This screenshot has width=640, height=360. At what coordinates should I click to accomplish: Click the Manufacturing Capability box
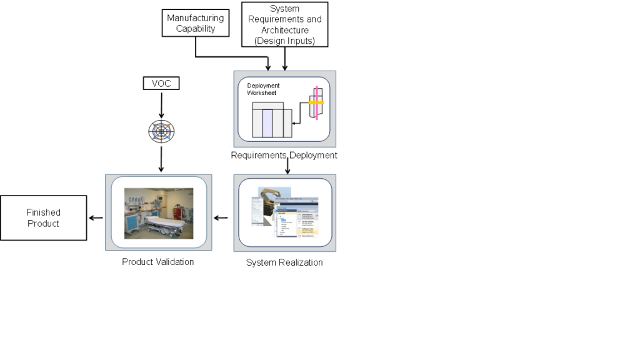[195, 23]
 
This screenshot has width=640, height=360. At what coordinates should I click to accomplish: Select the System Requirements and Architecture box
[284, 24]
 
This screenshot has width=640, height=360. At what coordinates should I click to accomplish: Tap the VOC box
[161, 82]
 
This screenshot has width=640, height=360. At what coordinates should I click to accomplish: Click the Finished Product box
[43, 217]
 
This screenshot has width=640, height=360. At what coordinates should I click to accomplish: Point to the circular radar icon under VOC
[161, 131]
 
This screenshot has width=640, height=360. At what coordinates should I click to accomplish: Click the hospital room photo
[159, 212]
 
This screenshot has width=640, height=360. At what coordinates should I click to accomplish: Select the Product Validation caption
[157, 262]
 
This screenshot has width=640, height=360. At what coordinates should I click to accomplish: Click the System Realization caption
[284, 262]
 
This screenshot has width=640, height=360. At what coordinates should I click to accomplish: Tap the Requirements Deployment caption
[284, 155]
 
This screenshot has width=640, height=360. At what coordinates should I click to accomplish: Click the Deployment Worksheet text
[263, 89]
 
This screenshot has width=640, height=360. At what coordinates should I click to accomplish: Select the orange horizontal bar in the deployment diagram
[316, 102]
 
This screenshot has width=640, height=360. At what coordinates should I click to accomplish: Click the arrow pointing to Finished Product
[96, 217]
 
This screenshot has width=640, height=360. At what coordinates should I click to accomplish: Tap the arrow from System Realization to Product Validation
[221, 217]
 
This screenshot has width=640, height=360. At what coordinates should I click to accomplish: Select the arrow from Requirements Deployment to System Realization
[287, 166]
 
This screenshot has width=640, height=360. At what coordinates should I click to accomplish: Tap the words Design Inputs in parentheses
[284, 40]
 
